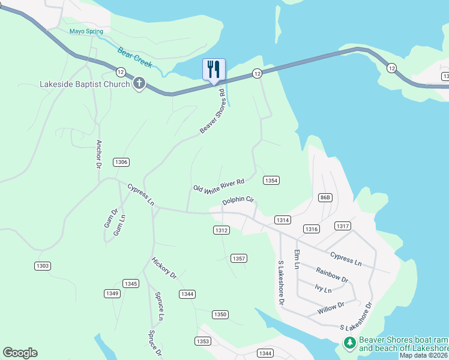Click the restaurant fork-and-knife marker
coord(214,70)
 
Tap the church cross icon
coord(139,83)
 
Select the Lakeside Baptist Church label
coord(85,84)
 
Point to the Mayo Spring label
coord(86,31)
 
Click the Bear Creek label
coord(134,57)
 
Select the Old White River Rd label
coord(219,185)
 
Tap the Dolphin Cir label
coord(238,200)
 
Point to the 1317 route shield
coord(342,226)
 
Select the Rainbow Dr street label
coord(332,275)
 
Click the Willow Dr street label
coord(331,308)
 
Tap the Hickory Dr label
coord(164,268)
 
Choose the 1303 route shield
coord(43,265)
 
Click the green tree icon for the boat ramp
coord(349,343)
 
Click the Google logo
coord(20,353)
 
